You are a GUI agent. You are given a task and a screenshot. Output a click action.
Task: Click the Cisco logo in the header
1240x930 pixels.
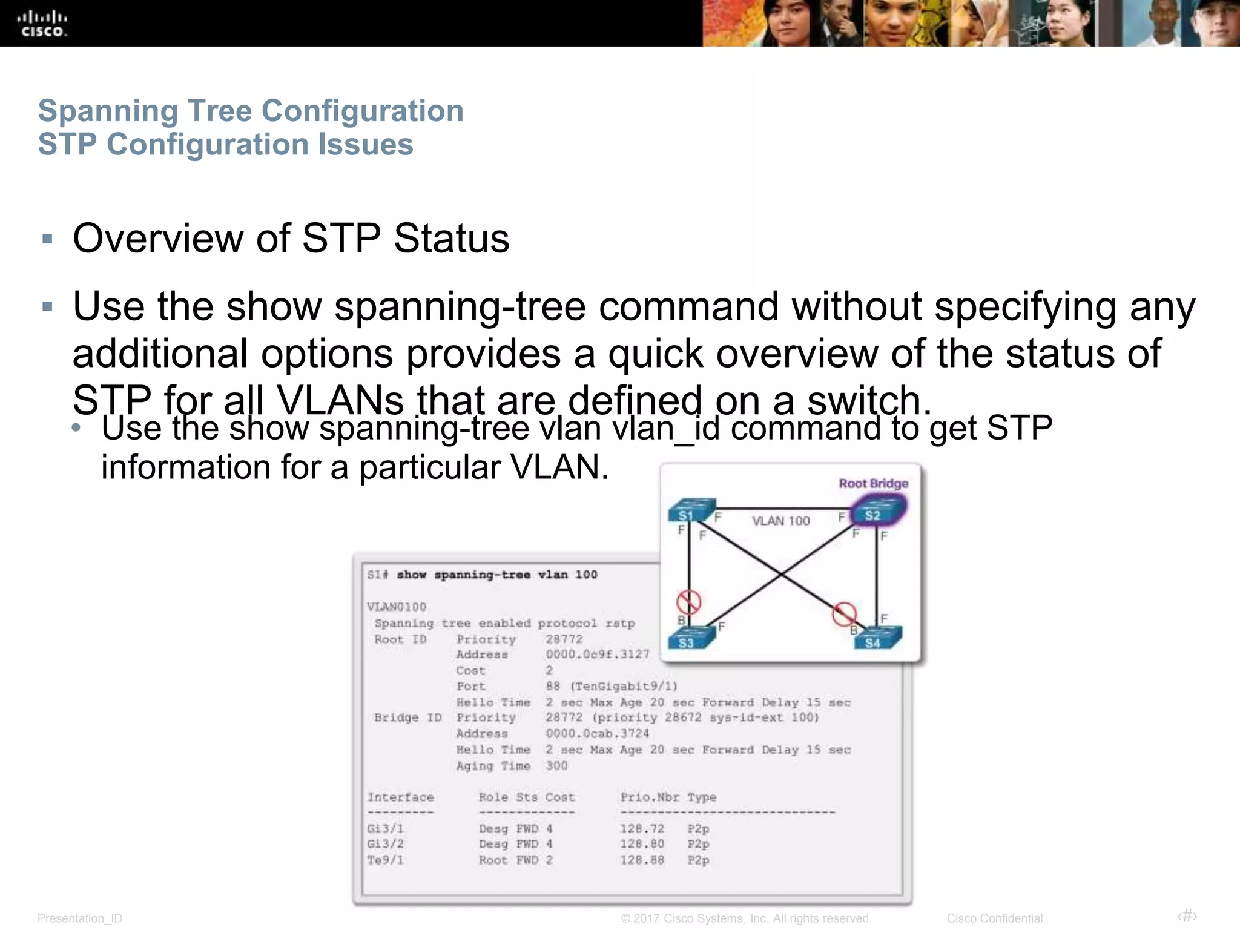pyautogui.click(x=42, y=24)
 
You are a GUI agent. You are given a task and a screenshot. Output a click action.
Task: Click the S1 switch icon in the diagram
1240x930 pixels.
pyautogui.click(x=690, y=510)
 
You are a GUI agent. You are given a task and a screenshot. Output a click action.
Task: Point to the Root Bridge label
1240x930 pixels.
pyautogui.click(x=873, y=483)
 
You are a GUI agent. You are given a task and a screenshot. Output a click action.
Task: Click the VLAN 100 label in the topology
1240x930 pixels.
pyautogui.click(x=780, y=521)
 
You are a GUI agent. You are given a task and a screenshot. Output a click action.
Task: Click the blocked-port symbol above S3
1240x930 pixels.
pyautogui.click(x=688, y=602)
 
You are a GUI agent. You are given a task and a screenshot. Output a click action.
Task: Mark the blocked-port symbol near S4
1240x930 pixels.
pyautogui.click(x=844, y=613)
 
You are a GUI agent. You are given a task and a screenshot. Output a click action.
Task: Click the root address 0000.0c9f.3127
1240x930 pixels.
pyautogui.click(x=597, y=655)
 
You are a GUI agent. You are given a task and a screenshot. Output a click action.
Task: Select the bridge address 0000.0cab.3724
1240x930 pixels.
pyautogui.click(x=597, y=733)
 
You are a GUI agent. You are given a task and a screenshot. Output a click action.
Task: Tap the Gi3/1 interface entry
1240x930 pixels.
pyautogui.click(x=385, y=828)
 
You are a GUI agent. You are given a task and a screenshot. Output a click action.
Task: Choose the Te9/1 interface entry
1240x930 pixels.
pyautogui.click(x=385, y=860)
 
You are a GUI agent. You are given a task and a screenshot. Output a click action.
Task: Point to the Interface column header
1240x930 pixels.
pyautogui.click(x=400, y=797)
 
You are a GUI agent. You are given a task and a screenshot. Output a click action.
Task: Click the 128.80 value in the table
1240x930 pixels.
pyautogui.click(x=642, y=844)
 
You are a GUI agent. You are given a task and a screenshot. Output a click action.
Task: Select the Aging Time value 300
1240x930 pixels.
pyautogui.click(x=556, y=765)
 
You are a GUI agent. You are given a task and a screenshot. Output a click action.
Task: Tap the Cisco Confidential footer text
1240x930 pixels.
pyautogui.click(x=994, y=918)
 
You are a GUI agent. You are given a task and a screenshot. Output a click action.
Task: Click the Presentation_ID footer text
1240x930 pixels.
pyautogui.click(x=80, y=918)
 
